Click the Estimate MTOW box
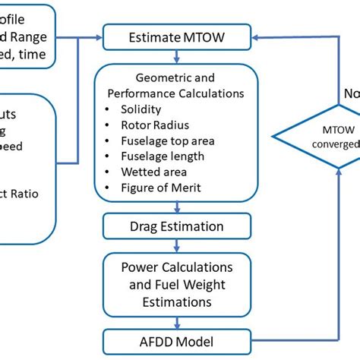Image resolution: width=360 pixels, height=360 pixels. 175,36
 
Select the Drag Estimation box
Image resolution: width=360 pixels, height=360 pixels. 175,226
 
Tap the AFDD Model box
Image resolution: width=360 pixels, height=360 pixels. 175,342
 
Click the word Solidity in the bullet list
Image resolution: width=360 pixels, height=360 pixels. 141,109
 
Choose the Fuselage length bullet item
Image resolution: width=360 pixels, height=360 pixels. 162,156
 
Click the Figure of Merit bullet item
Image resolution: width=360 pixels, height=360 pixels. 161,188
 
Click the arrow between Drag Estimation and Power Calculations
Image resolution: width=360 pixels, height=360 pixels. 175,246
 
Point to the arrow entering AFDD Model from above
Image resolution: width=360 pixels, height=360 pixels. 175,324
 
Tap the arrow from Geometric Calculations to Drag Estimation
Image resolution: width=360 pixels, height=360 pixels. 175,209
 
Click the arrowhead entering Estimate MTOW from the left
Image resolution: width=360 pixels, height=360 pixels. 98,35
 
